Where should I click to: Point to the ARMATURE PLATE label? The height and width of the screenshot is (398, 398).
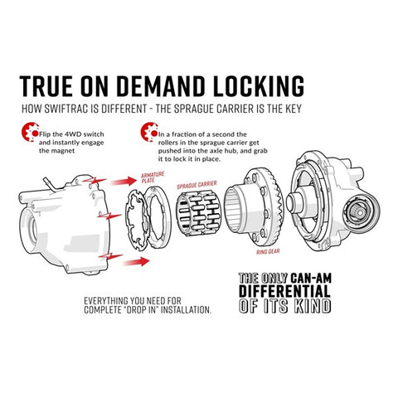coord(153,177)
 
